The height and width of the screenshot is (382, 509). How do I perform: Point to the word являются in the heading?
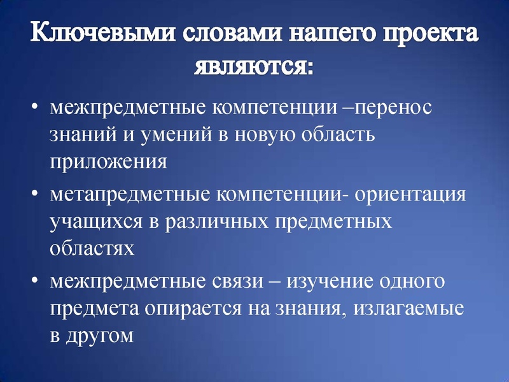tap(254, 67)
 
